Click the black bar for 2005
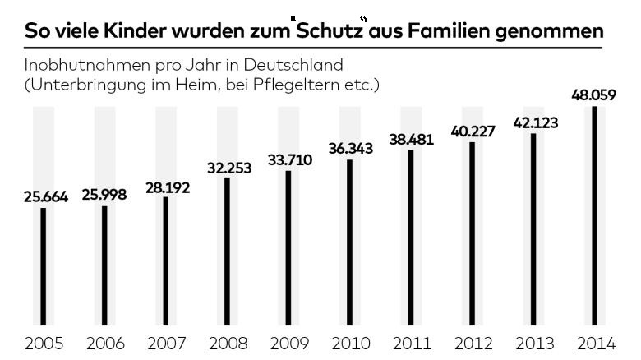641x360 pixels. click(x=43, y=266)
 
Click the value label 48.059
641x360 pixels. click(x=594, y=95)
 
